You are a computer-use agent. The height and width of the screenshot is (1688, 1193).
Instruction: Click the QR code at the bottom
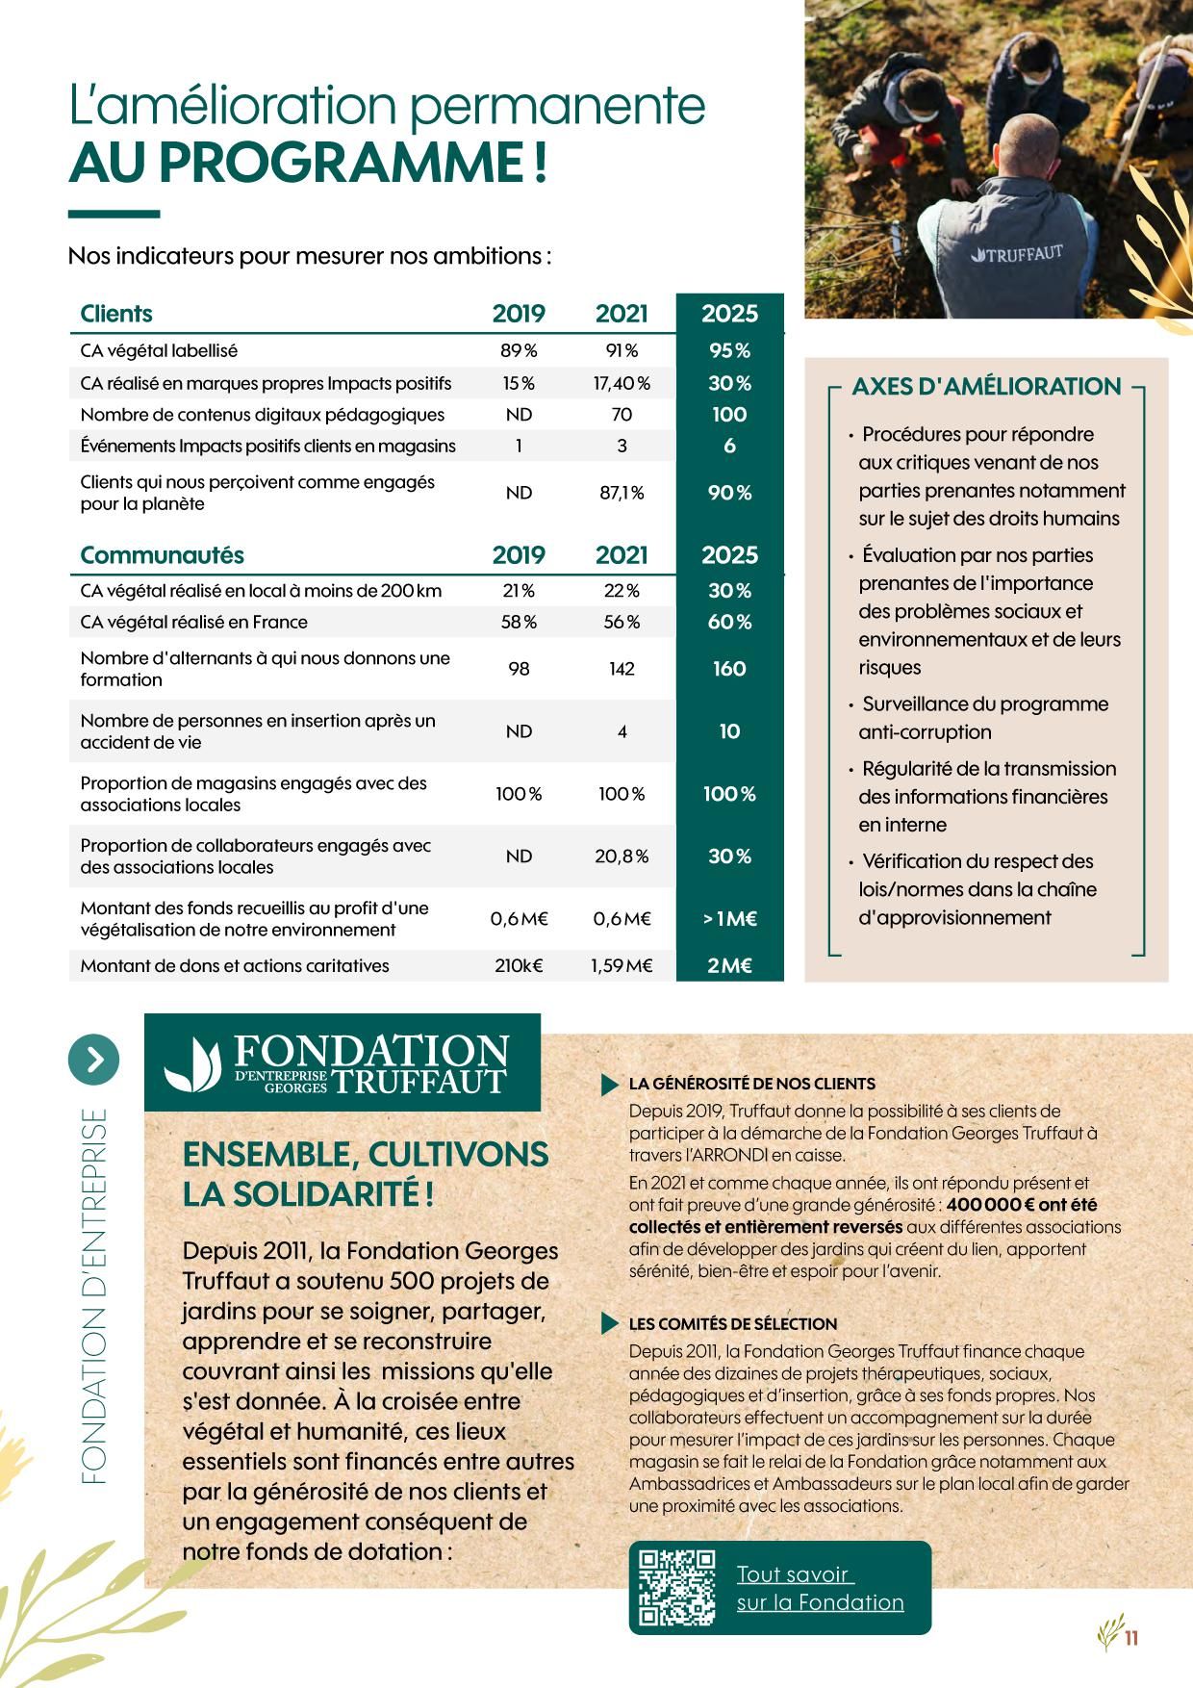(x=677, y=1587)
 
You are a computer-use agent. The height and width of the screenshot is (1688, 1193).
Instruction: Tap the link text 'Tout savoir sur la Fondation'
(x=820, y=1588)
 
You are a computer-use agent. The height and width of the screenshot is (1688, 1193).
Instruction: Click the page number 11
(x=1130, y=1637)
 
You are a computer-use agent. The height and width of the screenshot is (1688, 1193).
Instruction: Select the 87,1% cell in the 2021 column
(x=622, y=493)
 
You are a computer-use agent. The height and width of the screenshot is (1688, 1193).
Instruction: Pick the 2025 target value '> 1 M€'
(x=729, y=919)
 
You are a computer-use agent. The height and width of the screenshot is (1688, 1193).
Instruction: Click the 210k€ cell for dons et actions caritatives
(x=519, y=965)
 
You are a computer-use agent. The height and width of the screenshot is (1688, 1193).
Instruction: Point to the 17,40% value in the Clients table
(x=622, y=383)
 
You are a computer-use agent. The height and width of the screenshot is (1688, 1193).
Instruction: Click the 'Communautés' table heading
(x=162, y=555)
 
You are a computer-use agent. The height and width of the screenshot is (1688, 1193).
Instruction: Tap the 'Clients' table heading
(x=116, y=314)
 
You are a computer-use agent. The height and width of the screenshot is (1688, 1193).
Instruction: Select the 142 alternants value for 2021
(x=622, y=669)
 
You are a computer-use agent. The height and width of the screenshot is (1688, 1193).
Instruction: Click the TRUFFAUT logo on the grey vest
(x=1017, y=254)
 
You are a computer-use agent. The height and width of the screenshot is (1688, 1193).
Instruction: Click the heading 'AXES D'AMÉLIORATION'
(x=986, y=387)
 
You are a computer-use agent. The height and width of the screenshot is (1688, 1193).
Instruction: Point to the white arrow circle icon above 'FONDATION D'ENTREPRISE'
(x=94, y=1060)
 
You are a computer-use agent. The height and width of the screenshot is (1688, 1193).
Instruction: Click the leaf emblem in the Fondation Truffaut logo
(x=192, y=1065)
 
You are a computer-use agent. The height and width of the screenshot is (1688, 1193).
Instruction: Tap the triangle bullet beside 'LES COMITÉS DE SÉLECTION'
(x=609, y=1324)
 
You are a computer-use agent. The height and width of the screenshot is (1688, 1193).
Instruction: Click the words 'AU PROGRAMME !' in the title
(x=308, y=162)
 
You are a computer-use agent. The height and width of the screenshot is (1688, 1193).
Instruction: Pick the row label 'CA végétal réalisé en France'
(x=193, y=622)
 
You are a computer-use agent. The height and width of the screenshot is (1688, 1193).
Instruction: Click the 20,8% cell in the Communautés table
(x=622, y=856)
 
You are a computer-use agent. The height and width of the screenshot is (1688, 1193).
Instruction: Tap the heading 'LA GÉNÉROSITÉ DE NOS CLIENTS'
(x=751, y=1084)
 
